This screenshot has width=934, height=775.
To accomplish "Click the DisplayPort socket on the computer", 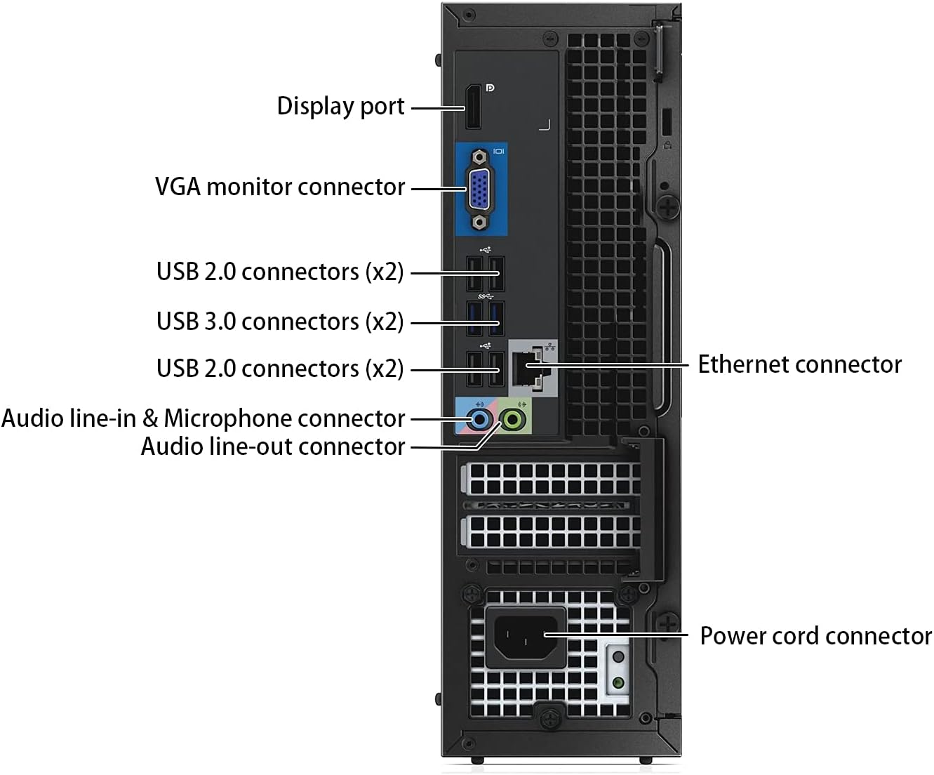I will tap(473, 107).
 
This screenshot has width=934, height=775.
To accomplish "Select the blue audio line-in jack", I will tap(479, 420).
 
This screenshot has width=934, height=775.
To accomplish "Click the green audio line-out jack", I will tap(514, 420).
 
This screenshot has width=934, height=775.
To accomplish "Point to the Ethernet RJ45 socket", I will tap(526, 369).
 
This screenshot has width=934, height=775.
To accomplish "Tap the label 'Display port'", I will tap(340, 106).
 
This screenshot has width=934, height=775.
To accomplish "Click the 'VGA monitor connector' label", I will tap(280, 187).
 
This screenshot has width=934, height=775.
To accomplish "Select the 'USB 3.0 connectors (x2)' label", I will tap(280, 322).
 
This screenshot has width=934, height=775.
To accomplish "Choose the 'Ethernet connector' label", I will tap(799, 364).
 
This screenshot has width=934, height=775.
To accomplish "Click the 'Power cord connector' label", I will tap(815, 636).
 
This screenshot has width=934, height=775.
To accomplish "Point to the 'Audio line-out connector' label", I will tap(273, 446).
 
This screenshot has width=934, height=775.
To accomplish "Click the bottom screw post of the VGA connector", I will tap(480, 223).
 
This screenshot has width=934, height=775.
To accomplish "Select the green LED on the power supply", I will tap(618, 682).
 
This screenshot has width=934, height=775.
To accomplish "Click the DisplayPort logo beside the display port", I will tap(490, 88).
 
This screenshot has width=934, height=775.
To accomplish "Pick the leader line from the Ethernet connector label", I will tap(618, 364).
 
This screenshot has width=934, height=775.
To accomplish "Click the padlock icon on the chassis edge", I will tap(667, 145).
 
